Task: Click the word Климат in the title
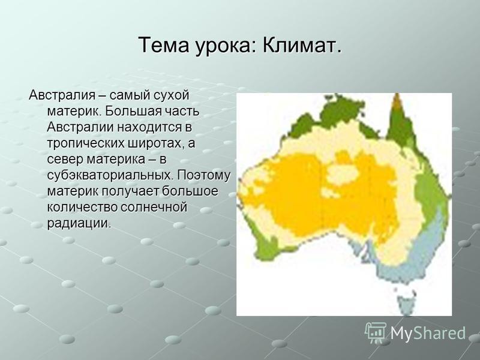301,46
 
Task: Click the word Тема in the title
164,46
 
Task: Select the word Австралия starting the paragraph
62,95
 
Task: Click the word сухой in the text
172,96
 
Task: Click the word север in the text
65,160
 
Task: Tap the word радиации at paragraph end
78,223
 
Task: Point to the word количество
82,208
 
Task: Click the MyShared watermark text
428,334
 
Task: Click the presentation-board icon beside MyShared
376,332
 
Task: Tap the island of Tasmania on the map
407,303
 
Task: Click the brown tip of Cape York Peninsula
397,101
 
